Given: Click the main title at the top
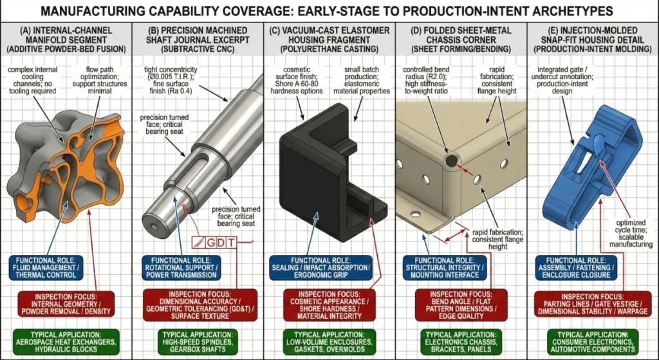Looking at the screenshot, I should pyautogui.click(x=329, y=11).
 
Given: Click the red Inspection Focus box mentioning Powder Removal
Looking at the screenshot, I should pyautogui.click(x=66, y=302).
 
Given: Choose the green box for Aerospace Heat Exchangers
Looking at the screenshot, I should pyautogui.click(x=66, y=339).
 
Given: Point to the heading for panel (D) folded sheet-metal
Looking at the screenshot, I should pyautogui.click(x=460, y=39).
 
